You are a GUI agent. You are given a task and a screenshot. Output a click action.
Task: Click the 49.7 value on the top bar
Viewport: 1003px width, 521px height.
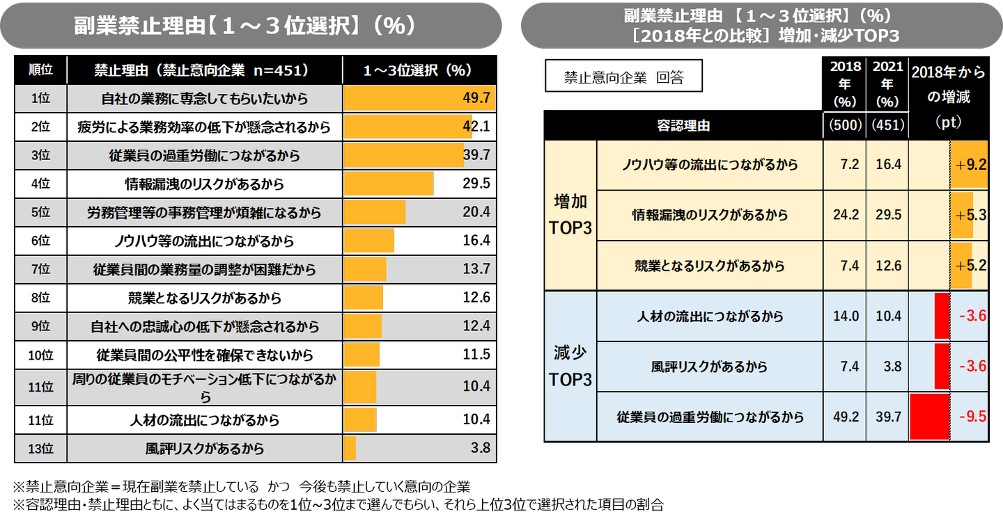point(477,98)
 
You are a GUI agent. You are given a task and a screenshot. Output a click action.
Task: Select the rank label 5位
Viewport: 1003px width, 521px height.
point(41,213)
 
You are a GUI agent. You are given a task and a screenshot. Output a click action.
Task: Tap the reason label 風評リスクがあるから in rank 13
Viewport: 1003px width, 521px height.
point(205,449)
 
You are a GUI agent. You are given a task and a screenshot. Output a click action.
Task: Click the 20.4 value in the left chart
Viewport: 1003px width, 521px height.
point(477,213)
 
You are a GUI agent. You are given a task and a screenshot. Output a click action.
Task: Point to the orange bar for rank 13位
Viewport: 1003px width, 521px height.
point(350,449)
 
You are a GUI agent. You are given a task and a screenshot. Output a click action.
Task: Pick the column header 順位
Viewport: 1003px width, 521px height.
point(41,70)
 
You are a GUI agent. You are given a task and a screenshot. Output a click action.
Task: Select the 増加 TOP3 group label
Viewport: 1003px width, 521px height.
point(570,215)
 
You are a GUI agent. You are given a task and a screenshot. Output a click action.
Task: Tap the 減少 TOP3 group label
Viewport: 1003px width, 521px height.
point(570,367)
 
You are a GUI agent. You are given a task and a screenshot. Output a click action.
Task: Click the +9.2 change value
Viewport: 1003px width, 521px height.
point(972,165)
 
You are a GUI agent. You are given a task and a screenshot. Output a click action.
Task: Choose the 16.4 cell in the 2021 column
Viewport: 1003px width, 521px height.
point(887,165)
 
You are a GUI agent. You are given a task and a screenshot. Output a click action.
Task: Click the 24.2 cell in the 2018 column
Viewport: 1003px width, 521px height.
point(844,215)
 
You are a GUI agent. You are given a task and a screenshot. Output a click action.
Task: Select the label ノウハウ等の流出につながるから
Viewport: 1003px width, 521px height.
point(710,165)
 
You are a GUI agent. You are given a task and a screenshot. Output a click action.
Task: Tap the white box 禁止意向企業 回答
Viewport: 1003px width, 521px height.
point(623,78)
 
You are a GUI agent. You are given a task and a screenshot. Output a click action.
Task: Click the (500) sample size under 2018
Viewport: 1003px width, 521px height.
point(844,125)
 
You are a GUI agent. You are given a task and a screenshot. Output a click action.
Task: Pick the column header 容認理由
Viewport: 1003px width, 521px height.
point(683,126)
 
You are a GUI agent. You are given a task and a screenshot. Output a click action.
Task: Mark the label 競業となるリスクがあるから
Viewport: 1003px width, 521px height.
point(710,266)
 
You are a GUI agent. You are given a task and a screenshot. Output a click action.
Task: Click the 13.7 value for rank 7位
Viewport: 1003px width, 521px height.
point(477,269)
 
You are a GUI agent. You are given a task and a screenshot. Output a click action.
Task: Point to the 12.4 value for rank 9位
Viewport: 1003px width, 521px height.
point(477,326)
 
